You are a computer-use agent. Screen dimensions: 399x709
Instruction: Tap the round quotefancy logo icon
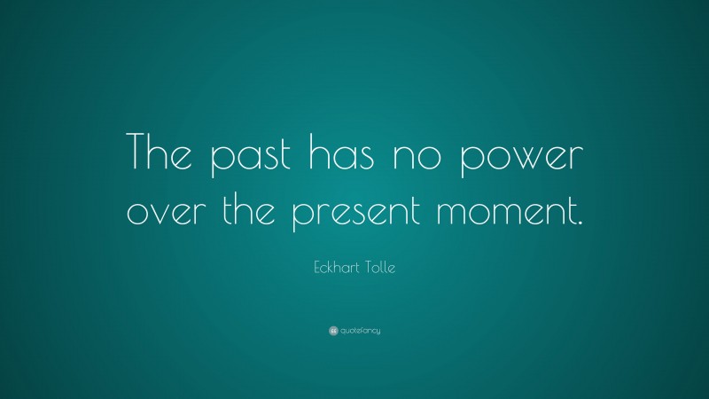point(333,330)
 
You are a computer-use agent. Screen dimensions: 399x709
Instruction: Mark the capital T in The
point(139,153)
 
